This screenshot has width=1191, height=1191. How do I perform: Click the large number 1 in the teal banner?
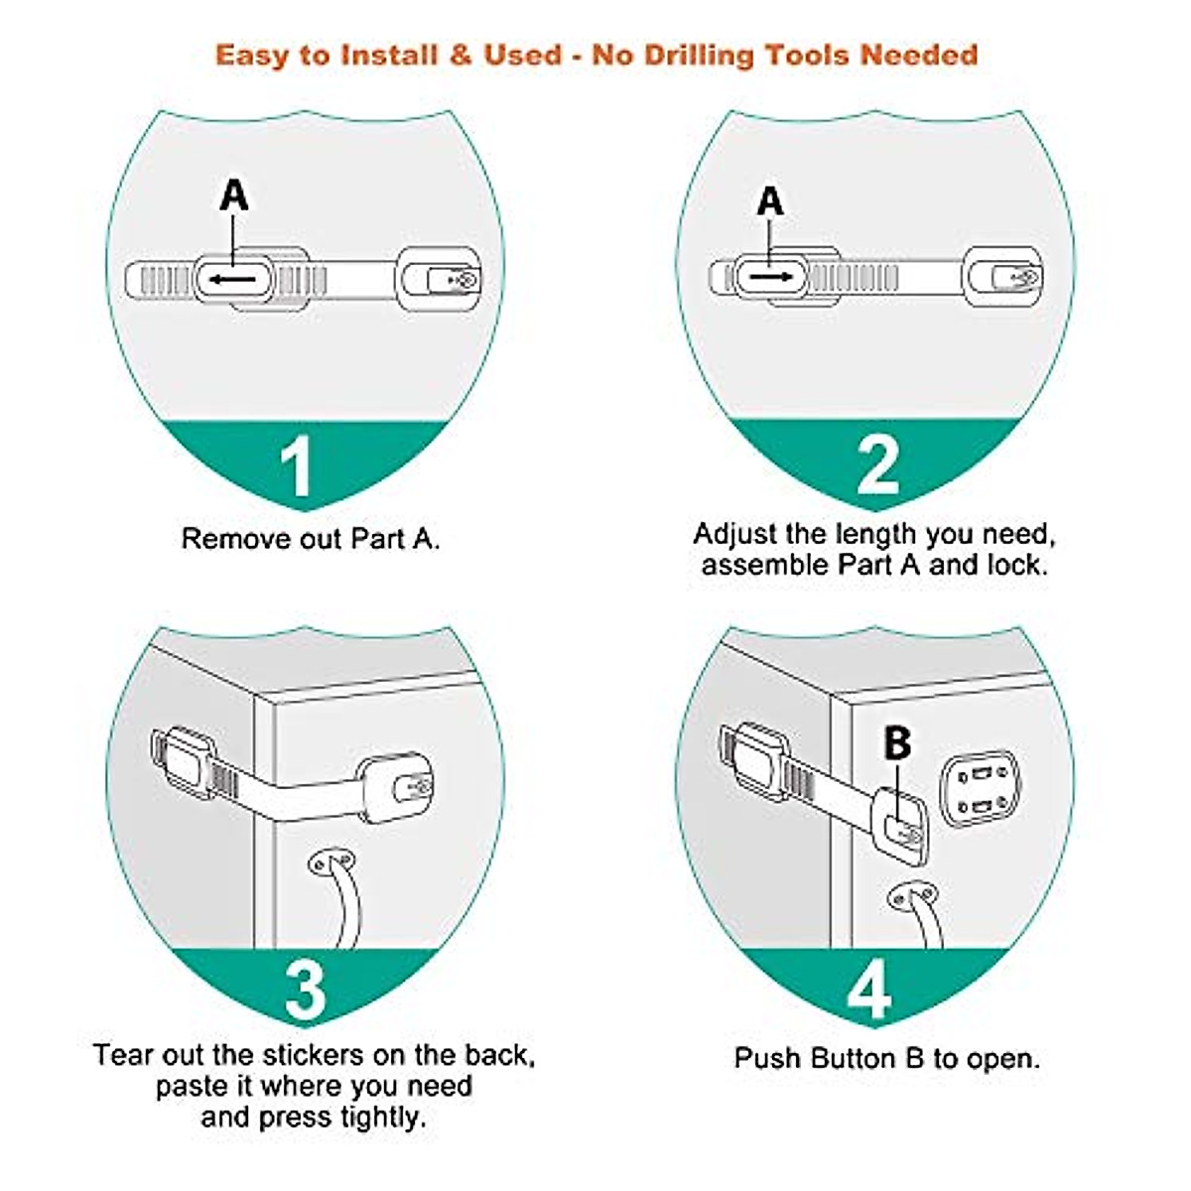point(297,465)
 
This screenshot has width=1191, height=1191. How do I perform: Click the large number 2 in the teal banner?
point(877,463)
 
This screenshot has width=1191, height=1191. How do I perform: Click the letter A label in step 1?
point(234,196)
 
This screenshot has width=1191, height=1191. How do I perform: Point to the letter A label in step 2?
point(770,202)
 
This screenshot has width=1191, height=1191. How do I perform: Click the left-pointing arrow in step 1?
point(231,281)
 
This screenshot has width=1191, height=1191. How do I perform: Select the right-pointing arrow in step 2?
point(771,277)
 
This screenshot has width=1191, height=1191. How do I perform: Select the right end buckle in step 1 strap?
point(440,280)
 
